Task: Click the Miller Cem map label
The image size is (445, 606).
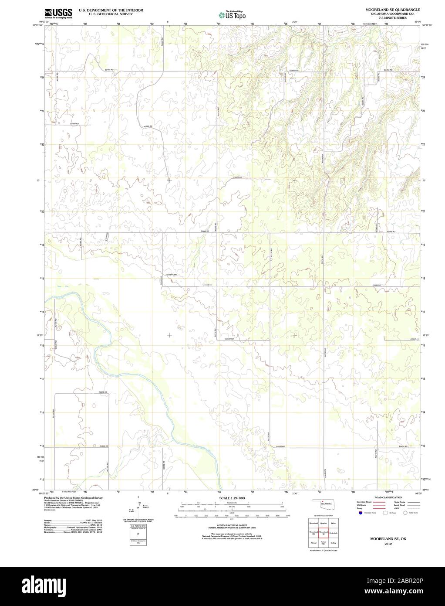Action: click(x=171, y=275)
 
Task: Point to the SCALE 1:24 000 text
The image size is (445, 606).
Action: click(x=232, y=498)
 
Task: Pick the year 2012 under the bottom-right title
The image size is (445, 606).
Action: click(x=385, y=544)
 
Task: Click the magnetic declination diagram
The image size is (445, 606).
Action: click(x=138, y=507)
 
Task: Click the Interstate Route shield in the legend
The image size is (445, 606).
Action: click(x=360, y=514)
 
